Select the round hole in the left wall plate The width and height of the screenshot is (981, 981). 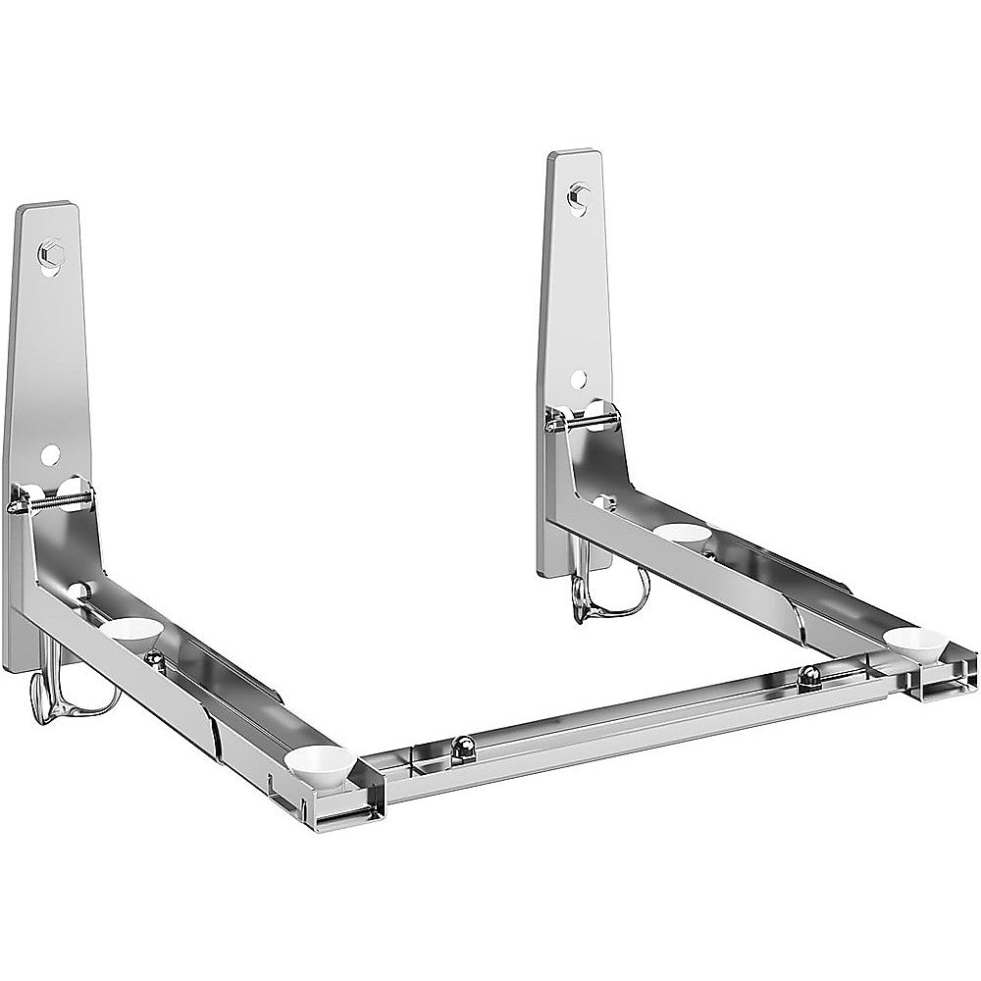[x=50, y=454]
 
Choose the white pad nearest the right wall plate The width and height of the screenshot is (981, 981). [x=681, y=532]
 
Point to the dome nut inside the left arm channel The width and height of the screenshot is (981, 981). [x=153, y=656]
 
